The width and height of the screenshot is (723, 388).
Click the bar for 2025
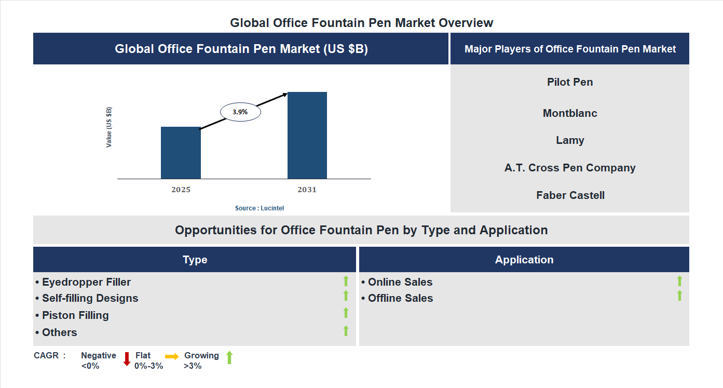[181, 153]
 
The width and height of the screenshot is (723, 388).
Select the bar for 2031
[307, 136]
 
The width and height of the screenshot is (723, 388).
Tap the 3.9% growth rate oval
[240, 112]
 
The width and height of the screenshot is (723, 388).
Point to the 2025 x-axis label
[181, 190]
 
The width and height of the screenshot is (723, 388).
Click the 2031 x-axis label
[307, 190]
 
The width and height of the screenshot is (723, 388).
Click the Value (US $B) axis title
[109, 127]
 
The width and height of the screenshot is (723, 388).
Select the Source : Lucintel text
[260, 208]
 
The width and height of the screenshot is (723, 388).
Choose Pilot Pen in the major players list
[570, 82]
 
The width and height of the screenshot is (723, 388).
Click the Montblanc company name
[570, 113]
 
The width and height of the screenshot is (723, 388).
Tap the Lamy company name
[570, 140]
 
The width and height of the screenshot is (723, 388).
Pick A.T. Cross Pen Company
[570, 168]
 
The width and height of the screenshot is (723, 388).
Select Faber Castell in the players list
[570, 195]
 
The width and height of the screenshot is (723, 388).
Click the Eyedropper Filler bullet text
[83, 282]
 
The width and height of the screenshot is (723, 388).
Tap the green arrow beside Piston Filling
[346, 313]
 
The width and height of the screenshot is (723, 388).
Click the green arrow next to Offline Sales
[679, 296]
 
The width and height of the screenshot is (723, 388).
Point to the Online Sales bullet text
[397, 282]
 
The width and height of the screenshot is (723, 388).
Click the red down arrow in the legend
[127, 358]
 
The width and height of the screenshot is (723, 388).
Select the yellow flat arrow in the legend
[172, 356]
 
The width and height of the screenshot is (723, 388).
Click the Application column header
[524, 260]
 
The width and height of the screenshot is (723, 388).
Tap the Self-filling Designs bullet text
[87, 298]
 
